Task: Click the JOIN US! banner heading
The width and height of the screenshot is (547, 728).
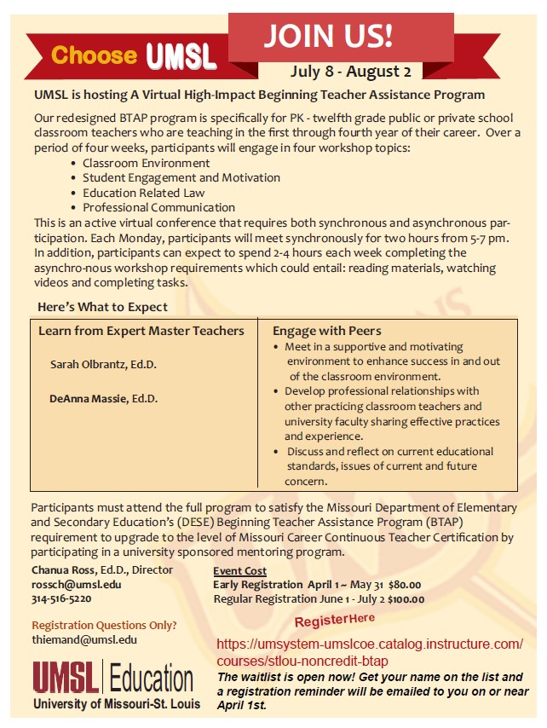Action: point(327,35)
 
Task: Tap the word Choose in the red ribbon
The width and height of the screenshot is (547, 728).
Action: point(94,56)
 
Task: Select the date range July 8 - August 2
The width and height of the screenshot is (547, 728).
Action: point(350,71)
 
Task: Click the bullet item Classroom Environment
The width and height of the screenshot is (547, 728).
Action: point(146,163)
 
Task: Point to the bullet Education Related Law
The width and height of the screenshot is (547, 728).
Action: point(143,193)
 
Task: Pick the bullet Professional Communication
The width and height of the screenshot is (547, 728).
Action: point(158,207)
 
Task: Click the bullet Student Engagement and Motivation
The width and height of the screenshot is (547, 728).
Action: point(181,177)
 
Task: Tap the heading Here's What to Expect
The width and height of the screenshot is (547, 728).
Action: point(102,307)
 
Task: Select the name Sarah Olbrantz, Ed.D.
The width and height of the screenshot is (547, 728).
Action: point(103,364)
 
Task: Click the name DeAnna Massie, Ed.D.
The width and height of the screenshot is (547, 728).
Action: point(103,398)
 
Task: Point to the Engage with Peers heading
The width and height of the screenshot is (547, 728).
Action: point(326,331)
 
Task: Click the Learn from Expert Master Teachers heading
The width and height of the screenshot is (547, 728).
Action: point(141,331)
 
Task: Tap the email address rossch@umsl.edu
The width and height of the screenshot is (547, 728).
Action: point(77,585)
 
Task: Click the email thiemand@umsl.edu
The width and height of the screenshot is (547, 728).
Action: point(83,639)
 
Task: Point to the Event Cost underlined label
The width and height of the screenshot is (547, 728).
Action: point(239,570)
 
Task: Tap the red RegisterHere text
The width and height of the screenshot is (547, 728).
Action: point(335,617)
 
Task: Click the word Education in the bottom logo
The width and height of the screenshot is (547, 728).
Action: point(151,679)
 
